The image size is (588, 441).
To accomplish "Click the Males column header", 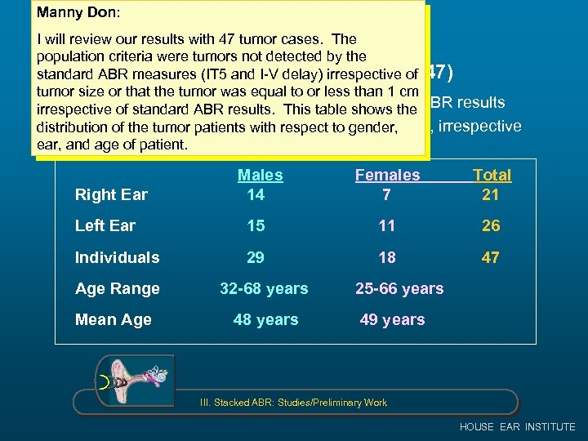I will click(260, 175).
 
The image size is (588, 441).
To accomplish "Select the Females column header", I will click(387, 175).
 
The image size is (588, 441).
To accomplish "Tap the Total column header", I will click(492, 175).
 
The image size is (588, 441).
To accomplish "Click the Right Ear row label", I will click(111, 194).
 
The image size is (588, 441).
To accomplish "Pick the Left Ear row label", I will click(105, 225).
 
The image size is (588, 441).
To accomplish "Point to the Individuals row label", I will click(117, 257).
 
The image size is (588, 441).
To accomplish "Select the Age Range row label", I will click(117, 288).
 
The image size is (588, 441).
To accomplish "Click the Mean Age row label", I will click(113, 319).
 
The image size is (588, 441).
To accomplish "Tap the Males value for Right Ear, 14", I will click(256, 194).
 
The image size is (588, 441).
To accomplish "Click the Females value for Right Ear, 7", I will click(386, 194).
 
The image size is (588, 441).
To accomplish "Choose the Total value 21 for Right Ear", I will click(491, 194).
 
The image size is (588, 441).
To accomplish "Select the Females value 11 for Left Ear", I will click(386, 225).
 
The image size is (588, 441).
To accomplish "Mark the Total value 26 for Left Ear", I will click(491, 225).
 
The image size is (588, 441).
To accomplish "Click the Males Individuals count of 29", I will click(256, 257).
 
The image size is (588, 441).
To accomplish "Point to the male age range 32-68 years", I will click(265, 288).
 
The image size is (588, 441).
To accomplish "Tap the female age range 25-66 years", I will click(399, 288).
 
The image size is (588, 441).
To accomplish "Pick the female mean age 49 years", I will click(392, 319).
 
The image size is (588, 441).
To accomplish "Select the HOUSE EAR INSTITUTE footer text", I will click(517, 426).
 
